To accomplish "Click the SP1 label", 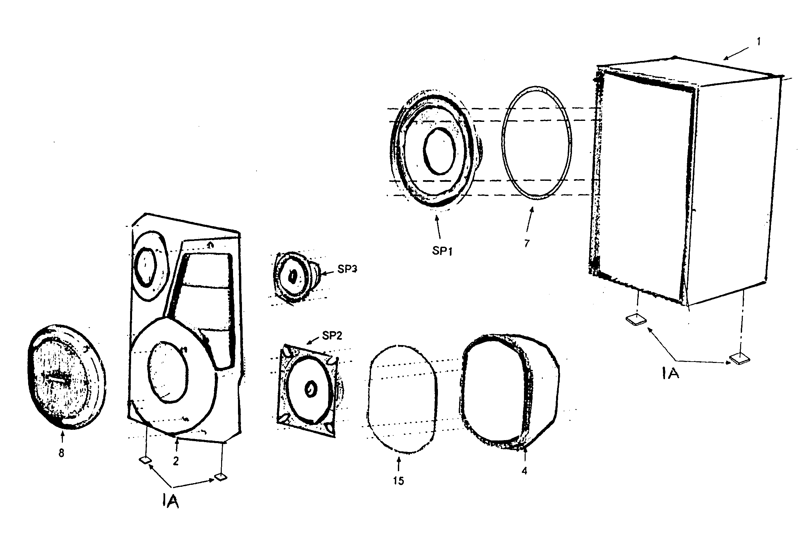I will click(442, 251).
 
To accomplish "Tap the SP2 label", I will click(332, 335).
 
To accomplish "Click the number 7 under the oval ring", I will click(527, 243).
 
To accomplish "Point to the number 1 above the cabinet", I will click(758, 42).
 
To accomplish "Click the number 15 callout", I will click(398, 481).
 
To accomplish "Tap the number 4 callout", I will click(524, 471).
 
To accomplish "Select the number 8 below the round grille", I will click(61, 453).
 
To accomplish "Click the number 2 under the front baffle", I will click(176, 461).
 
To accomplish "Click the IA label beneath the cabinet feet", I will click(670, 374).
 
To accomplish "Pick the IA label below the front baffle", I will click(170, 501).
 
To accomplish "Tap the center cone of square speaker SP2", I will click(310, 389).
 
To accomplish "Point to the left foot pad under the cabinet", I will click(636, 320).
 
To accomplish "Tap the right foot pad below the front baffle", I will click(220, 477).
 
